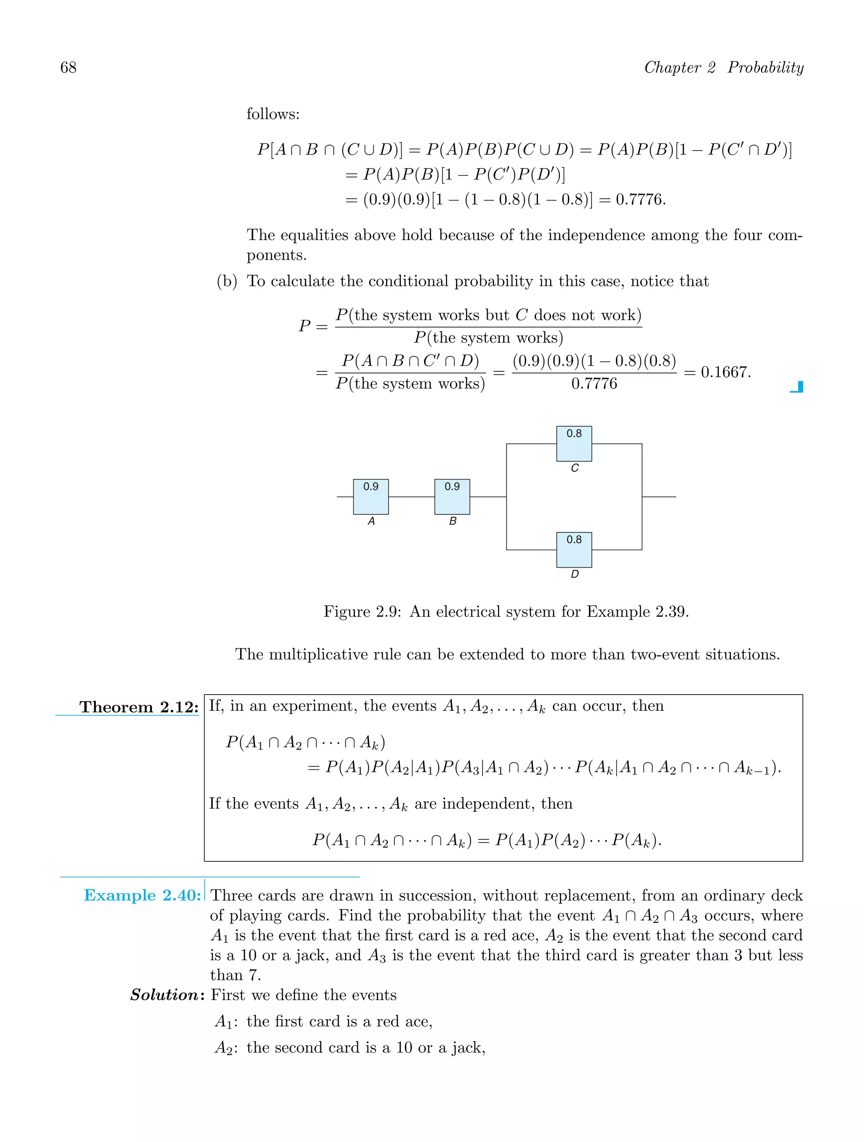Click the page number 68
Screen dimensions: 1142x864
click(68, 68)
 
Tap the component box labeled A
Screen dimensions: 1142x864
click(370, 497)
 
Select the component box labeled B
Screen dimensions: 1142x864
click(452, 497)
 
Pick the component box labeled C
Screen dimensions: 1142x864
click(574, 444)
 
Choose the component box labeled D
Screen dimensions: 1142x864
click(574, 550)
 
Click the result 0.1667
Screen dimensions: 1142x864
click(725, 372)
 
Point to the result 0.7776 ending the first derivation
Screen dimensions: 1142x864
click(640, 199)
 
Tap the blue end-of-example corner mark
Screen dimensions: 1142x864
click(797, 387)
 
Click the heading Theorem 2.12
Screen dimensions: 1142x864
click(139, 707)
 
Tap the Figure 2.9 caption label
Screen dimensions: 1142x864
click(362, 612)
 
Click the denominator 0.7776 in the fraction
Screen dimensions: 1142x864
click(594, 384)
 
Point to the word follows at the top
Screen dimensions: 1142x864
click(273, 114)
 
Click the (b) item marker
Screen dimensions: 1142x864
click(227, 281)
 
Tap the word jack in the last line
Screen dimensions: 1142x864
click(467, 1047)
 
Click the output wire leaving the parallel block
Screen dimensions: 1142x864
click(659, 497)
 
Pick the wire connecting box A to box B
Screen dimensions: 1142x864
click(411, 497)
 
